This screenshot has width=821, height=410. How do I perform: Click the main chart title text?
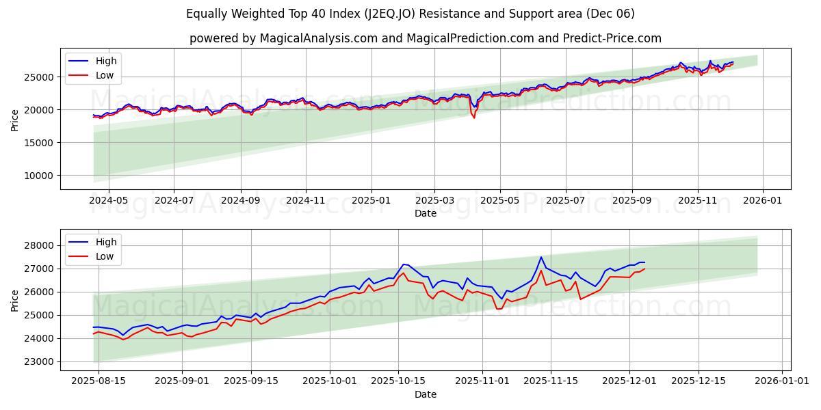(410, 14)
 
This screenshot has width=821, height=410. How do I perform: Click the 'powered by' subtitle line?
(425, 38)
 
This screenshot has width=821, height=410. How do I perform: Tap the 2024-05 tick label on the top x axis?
(109, 200)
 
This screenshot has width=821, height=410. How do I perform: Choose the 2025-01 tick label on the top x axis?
(372, 200)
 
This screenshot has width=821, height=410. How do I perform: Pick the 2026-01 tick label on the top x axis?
(762, 200)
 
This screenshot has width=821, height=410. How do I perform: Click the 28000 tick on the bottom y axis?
(35, 245)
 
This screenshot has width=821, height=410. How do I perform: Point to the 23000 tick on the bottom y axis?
(35, 361)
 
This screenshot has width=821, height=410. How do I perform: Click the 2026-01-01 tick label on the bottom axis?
(782, 381)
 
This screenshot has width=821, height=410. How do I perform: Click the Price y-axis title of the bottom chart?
(14, 299)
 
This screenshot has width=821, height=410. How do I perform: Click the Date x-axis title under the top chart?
(425, 213)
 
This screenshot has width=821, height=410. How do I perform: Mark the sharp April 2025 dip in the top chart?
(474, 118)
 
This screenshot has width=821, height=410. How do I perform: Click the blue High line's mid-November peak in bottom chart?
(541, 258)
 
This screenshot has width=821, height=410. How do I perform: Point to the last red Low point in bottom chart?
(644, 269)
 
